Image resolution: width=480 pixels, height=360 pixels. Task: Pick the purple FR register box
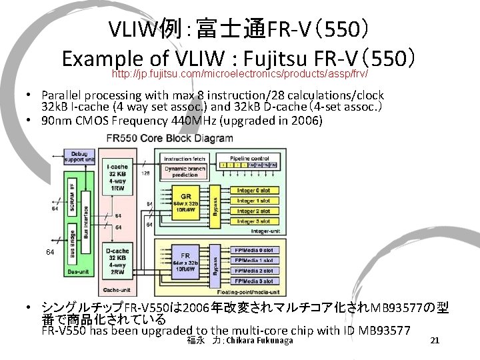pyautogui.click(x=186, y=262)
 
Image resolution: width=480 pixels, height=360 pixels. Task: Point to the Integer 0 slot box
pyautogui.click(x=254, y=191)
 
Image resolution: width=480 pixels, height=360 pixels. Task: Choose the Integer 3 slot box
pyautogui.click(x=254, y=221)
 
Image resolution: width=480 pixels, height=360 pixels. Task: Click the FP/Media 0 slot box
pyautogui.click(x=254, y=251)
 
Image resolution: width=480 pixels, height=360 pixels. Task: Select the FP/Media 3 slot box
pyautogui.click(x=254, y=281)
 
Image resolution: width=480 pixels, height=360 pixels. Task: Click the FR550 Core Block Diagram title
pyautogui.click(x=169, y=138)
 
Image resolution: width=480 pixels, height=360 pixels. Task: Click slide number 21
pyautogui.click(x=435, y=341)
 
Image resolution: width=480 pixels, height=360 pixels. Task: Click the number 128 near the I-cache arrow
pyautogui.click(x=145, y=173)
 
